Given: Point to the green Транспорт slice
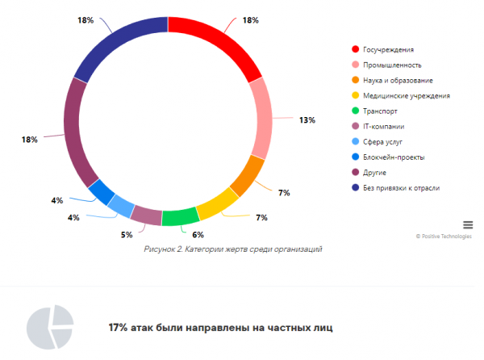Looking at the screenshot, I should (180, 216).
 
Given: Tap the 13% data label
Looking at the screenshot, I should (307, 120).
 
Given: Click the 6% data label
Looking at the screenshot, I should (198, 235).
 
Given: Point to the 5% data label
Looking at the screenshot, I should (127, 235).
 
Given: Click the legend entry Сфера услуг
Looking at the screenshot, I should (383, 142).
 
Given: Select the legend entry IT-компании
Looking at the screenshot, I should (384, 127).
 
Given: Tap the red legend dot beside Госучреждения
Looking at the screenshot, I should (355, 50).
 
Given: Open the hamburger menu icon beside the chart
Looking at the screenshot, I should (468, 224).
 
